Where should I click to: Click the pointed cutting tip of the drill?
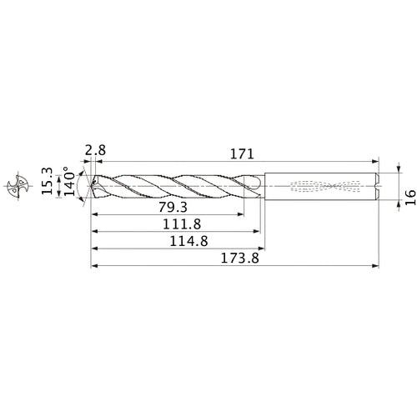(91, 185)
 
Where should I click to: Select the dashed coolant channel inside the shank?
(324, 185)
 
